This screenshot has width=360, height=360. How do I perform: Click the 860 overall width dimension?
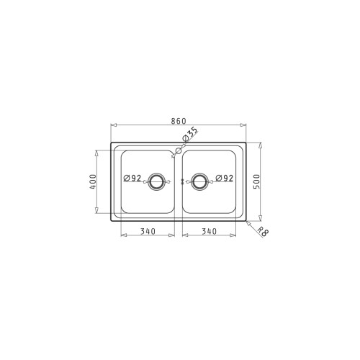click(179, 121)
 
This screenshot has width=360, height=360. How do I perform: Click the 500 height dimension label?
click(256, 181)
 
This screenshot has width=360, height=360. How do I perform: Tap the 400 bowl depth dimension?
click(93, 181)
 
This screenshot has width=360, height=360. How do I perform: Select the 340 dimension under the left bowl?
click(148, 231)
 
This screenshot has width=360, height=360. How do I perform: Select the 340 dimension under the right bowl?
click(209, 231)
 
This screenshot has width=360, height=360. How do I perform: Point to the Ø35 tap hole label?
click(190, 135)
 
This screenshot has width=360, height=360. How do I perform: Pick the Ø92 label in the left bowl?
click(132, 178)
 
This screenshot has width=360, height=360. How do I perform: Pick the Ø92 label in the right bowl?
click(225, 178)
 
